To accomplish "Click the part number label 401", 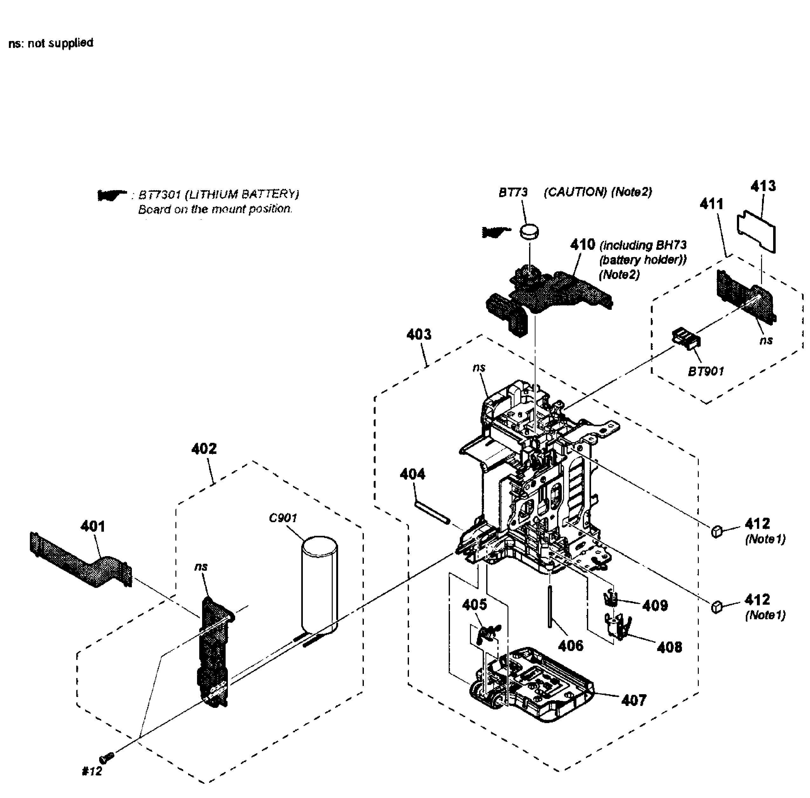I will (x=93, y=526).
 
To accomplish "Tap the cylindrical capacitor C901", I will (x=319, y=582).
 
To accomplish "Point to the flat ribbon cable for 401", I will (x=80, y=559).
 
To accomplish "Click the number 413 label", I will (x=763, y=186).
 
